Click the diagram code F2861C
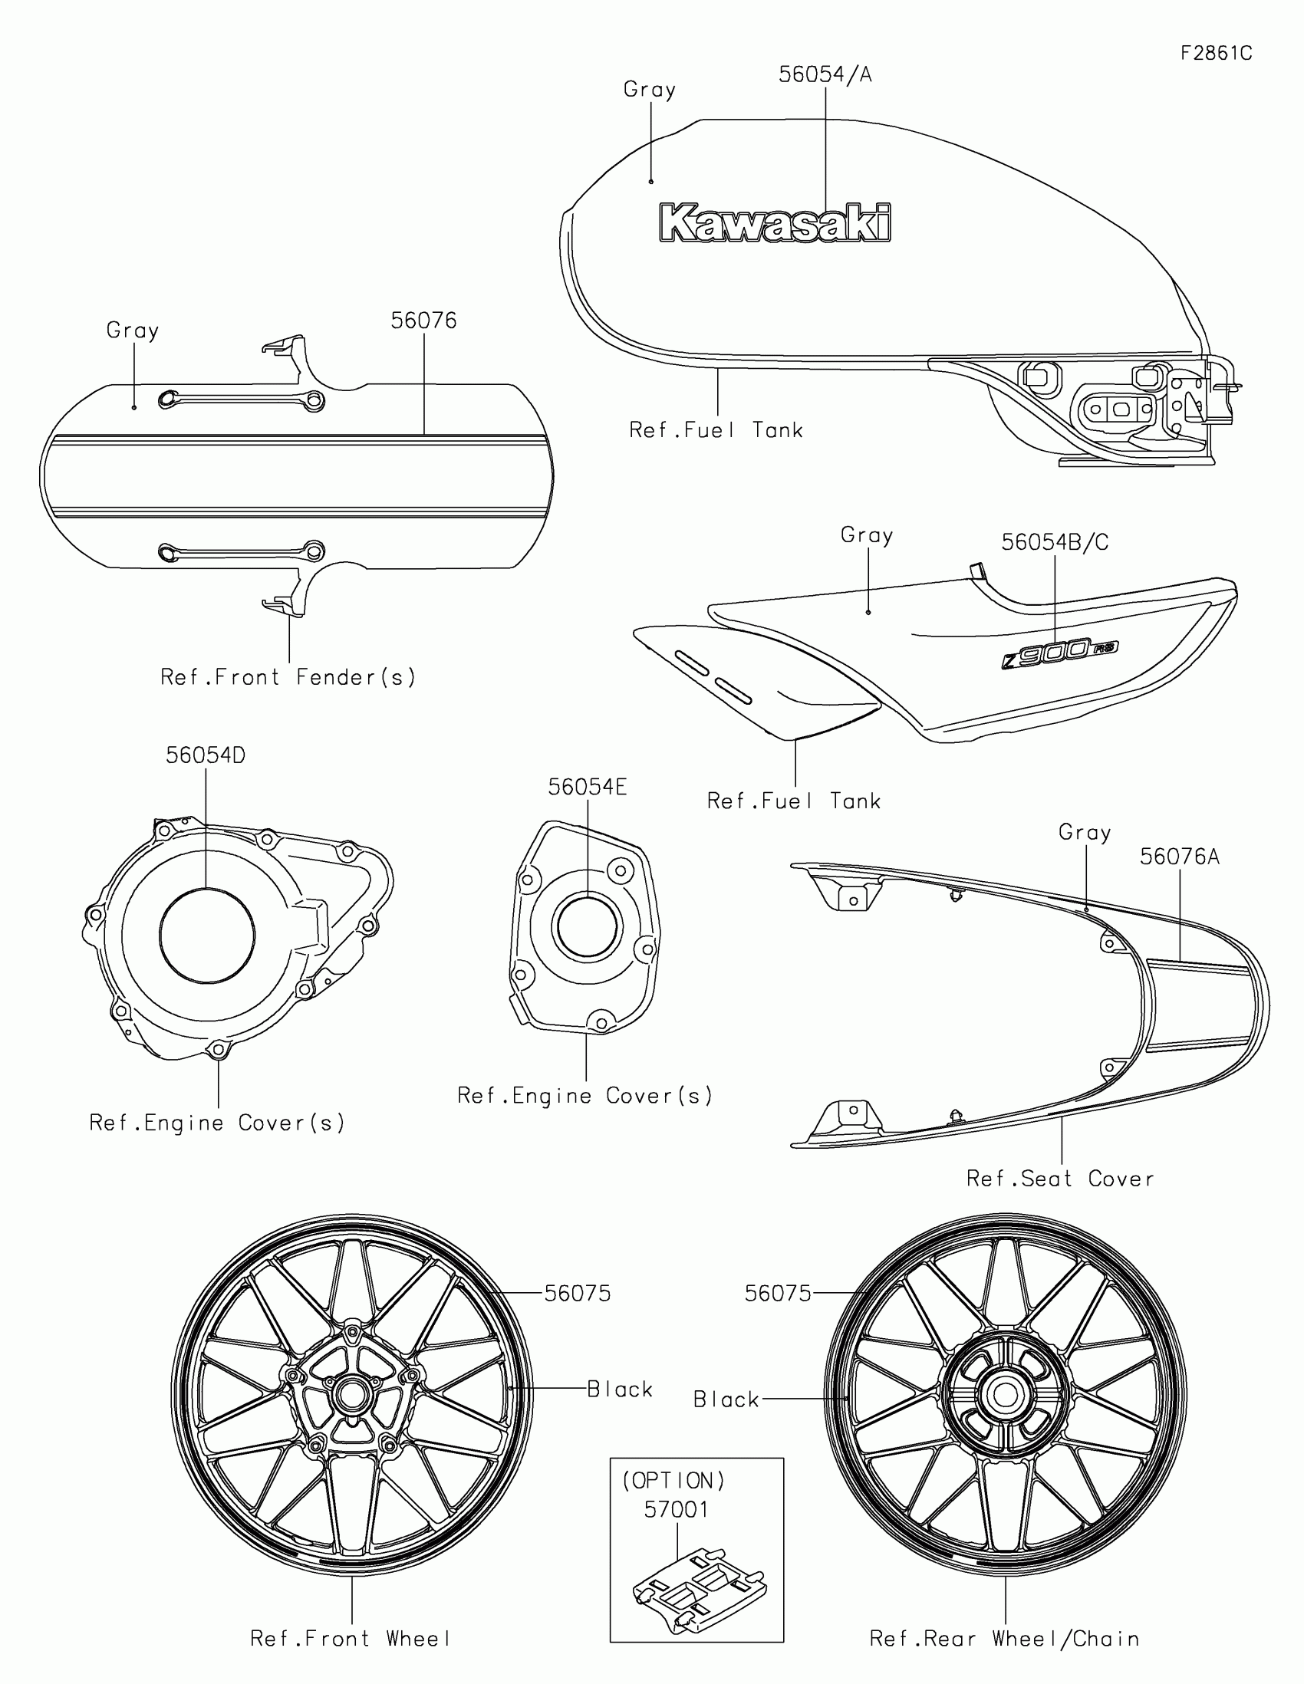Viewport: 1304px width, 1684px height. (1216, 53)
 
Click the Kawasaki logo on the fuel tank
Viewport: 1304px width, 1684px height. (775, 224)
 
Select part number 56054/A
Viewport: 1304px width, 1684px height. (825, 75)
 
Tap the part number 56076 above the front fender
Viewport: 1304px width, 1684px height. (423, 321)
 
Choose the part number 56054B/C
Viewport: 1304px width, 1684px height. (1054, 543)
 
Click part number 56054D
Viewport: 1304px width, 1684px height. (205, 755)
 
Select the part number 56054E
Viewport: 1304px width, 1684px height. (587, 788)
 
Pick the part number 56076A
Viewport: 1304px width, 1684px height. (1179, 857)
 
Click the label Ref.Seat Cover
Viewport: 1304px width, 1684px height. (1060, 1179)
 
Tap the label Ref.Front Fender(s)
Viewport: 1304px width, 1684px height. (288, 678)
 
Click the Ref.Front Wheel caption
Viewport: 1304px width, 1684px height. (350, 1639)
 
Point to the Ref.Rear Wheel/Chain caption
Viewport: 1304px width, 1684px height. (1004, 1639)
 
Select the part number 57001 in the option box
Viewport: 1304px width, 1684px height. (677, 1510)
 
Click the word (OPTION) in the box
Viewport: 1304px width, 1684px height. (674, 1482)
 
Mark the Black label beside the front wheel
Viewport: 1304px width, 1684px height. (619, 1390)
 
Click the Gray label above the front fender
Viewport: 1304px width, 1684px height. (133, 331)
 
